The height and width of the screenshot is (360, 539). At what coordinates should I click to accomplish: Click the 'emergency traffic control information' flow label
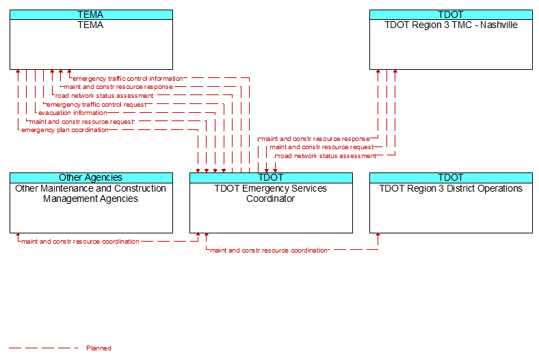127,79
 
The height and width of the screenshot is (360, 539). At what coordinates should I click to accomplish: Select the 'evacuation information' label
73,113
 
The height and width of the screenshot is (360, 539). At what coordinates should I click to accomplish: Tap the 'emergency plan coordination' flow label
65,130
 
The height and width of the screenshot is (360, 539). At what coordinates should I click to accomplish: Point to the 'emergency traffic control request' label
96,105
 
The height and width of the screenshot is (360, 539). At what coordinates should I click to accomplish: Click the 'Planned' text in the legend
98,348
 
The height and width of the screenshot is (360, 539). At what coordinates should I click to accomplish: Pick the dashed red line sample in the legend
43,348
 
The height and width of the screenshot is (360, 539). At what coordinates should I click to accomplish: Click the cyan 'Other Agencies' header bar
91,177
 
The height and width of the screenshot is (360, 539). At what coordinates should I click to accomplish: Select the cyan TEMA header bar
91,14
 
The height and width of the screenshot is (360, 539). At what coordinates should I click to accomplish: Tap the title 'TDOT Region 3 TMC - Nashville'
451,25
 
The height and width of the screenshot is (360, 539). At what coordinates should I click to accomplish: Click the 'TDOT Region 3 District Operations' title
451,188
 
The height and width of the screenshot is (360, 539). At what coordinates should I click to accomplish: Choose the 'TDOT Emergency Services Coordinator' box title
271,194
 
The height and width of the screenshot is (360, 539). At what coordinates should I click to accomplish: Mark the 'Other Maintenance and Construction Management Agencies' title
91,194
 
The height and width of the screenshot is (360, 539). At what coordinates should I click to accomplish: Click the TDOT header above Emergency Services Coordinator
271,177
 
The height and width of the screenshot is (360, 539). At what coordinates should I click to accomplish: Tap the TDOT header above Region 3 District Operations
451,177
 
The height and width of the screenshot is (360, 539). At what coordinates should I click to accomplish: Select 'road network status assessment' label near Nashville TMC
327,156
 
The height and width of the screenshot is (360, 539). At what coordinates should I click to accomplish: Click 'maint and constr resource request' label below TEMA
82,121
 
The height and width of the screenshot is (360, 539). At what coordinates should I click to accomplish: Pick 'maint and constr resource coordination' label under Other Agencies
81,242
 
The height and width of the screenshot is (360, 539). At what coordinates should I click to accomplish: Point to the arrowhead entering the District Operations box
378,235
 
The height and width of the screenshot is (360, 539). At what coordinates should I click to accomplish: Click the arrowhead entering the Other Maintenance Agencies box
18,235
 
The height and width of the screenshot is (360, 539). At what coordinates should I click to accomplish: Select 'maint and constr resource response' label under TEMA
118,87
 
